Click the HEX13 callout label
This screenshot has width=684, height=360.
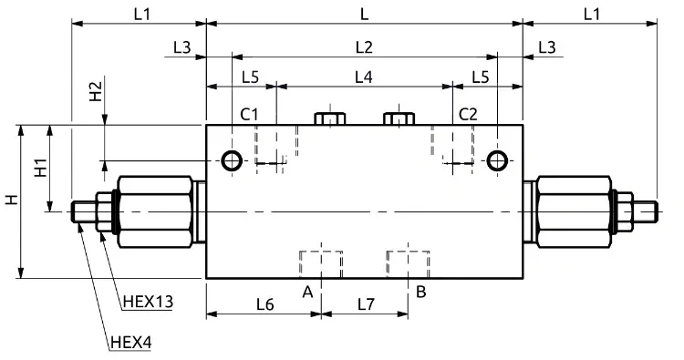click(148, 301)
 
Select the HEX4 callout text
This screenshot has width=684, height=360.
click(130, 343)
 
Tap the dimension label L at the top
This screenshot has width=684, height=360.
click(364, 14)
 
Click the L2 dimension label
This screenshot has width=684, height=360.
click(364, 46)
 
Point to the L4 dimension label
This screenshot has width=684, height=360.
click(363, 77)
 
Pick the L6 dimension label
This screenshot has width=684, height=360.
click(264, 304)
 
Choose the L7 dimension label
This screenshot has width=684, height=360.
click(366, 304)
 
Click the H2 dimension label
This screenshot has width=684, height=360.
click(96, 91)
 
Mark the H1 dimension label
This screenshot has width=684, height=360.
click(41, 168)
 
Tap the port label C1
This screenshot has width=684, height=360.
click(250, 114)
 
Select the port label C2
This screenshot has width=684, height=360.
click(468, 114)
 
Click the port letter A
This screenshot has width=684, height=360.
click(307, 292)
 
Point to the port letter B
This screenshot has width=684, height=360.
click(421, 291)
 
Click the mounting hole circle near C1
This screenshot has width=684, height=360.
click(232, 160)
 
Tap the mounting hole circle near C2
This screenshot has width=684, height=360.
click(497, 160)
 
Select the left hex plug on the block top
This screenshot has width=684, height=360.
click(330, 118)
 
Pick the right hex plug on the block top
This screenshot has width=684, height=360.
click(399, 118)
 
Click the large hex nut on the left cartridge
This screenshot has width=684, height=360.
click(155, 211)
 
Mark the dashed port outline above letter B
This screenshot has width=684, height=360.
click(408, 264)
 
